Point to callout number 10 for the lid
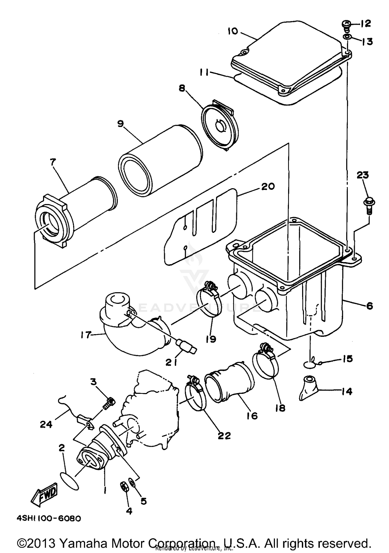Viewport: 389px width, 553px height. [233, 31]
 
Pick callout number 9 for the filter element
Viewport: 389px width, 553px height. [121, 123]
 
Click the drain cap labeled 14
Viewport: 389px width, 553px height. [309, 391]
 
